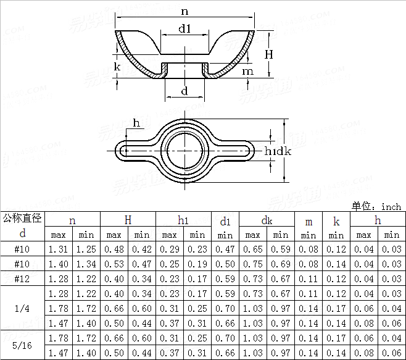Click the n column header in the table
point(72,220)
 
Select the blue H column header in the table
point(128,220)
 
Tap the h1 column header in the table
point(183,220)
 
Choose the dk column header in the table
point(267,220)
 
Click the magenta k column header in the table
point(336,221)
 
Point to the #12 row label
point(23,278)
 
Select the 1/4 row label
point(23,308)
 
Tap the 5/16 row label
point(23,345)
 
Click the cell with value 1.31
point(58,249)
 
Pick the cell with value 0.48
point(114,249)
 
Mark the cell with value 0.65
point(252,249)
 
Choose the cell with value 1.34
point(86,264)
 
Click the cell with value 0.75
point(252,264)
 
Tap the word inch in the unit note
point(391,206)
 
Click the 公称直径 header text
point(22,217)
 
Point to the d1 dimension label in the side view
point(184,28)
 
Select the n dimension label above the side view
point(184,11)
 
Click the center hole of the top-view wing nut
point(184,151)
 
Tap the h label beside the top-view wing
point(136,123)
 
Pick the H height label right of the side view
point(269,54)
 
